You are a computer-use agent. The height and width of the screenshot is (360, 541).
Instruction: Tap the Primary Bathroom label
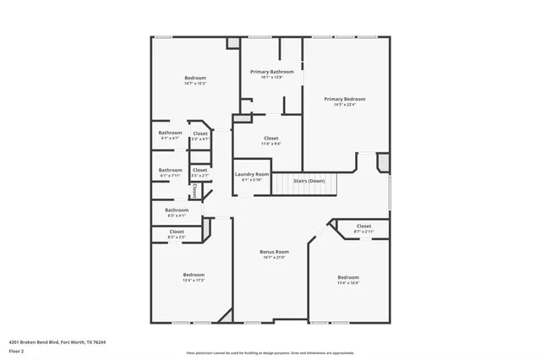[271, 72]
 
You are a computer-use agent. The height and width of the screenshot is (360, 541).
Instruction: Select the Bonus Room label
[274, 251]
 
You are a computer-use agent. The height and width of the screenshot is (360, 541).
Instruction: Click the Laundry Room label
[252, 174]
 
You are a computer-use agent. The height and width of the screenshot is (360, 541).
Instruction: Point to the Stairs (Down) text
[309, 181]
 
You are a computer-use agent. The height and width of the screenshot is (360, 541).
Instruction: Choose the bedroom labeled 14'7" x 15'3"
[195, 78]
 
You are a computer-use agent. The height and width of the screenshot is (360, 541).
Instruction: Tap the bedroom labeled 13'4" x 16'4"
[348, 277]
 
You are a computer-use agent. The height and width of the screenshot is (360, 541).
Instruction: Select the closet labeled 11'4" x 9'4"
[271, 138]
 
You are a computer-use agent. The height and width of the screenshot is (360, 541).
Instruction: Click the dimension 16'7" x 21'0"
[274, 257]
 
